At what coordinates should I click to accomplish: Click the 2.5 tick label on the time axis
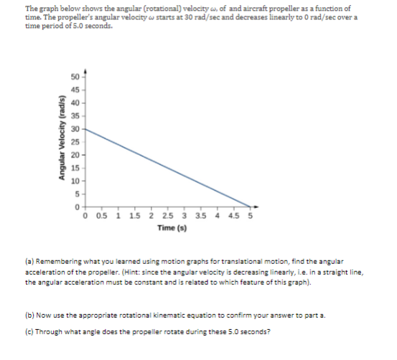coord(167,218)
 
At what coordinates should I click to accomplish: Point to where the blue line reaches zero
coord(251,208)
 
